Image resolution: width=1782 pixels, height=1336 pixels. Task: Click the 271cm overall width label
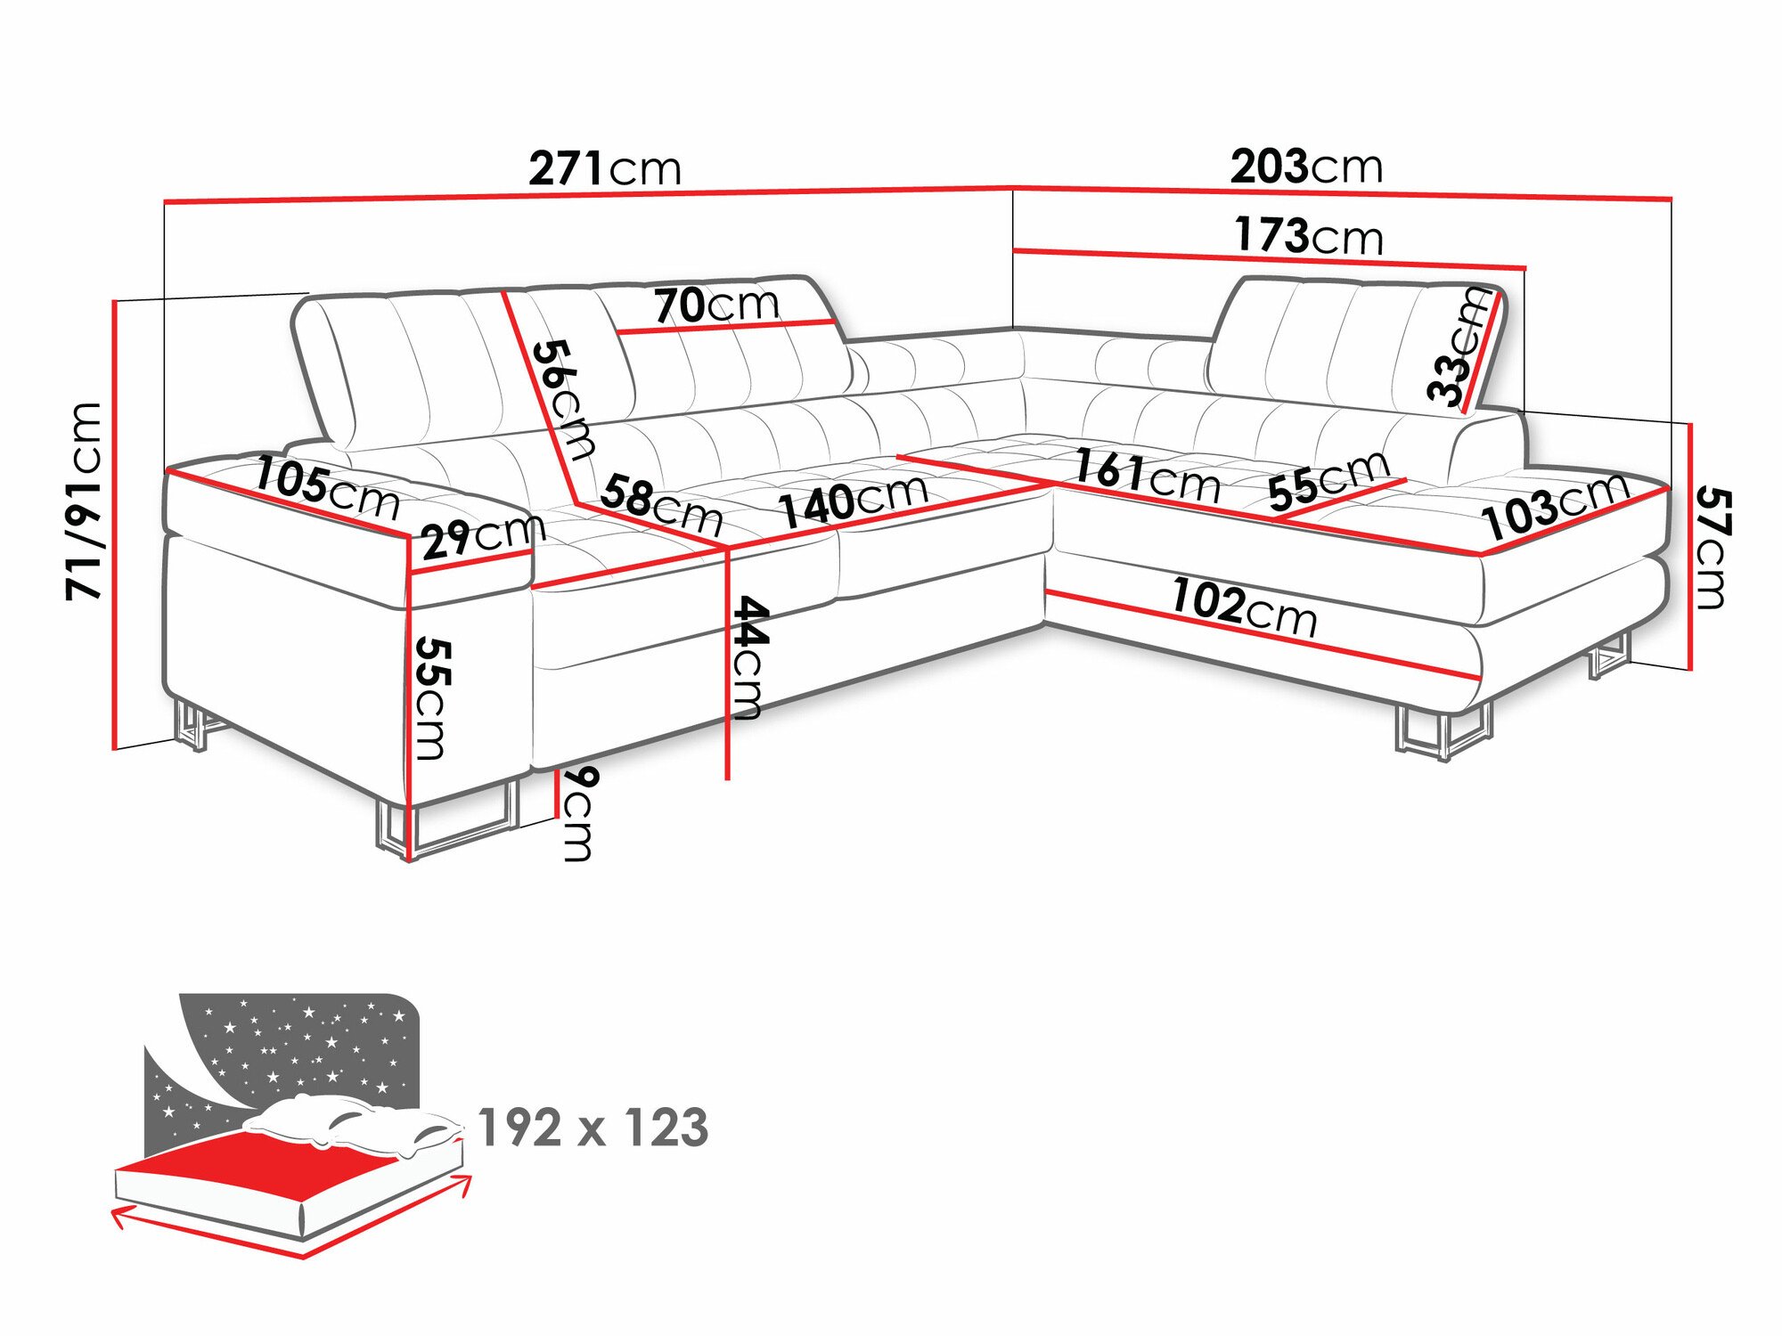(x=605, y=167)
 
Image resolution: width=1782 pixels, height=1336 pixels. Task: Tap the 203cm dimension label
(x=1306, y=166)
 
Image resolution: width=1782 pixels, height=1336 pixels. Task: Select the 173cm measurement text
(x=1308, y=235)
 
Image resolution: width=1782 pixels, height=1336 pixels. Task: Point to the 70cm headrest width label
(x=716, y=305)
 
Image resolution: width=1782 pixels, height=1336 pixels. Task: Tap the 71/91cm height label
(x=86, y=501)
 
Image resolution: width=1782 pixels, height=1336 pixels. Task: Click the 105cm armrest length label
(x=327, y=488)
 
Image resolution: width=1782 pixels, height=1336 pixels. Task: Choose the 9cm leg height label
(x=577, y=813)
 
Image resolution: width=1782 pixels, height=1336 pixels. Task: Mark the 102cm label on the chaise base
(x=1244, y=606)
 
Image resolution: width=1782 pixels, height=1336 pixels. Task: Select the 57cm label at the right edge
(x=1712, y=547)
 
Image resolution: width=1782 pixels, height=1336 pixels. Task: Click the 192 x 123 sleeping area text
(x=593, y=1128)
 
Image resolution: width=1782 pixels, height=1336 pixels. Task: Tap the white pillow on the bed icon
(x=356, y=1126)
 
